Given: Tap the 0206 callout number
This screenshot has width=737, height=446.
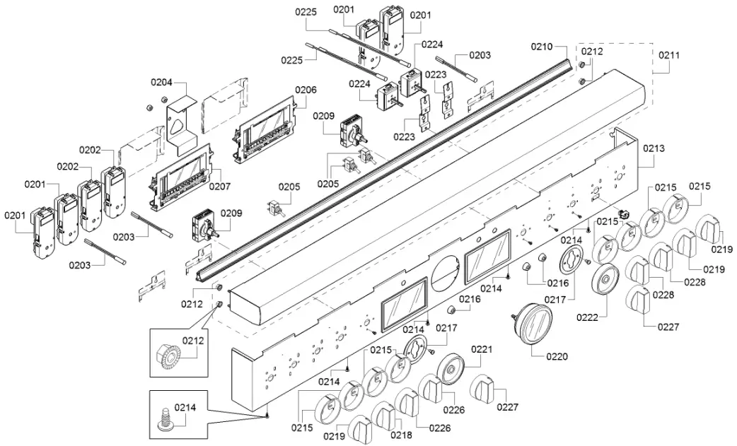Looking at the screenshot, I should [x=306, y=90].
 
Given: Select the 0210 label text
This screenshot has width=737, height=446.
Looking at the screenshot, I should [x=542, y=47].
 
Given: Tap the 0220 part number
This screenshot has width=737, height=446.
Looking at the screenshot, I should [x=557, y=357].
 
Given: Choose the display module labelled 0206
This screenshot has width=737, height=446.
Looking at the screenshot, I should [x=265, y=129].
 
